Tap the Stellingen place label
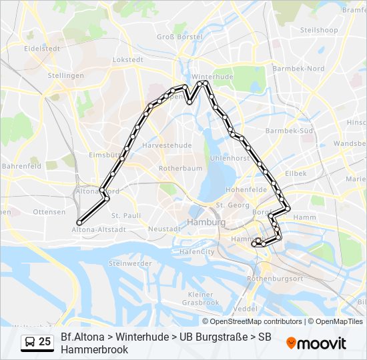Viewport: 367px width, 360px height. [65, 75]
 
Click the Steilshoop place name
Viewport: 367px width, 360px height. [319, 30]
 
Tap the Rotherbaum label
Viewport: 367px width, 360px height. [180, 169]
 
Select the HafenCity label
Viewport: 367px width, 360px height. [197, 252]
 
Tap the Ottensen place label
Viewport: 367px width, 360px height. [49, 211]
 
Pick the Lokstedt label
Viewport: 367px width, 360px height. [129, 59]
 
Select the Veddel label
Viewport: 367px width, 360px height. [246, 309]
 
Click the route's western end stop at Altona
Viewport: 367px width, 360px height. [79, 223]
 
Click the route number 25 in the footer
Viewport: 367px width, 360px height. [45, 342]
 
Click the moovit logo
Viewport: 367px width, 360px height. [316, 343]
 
